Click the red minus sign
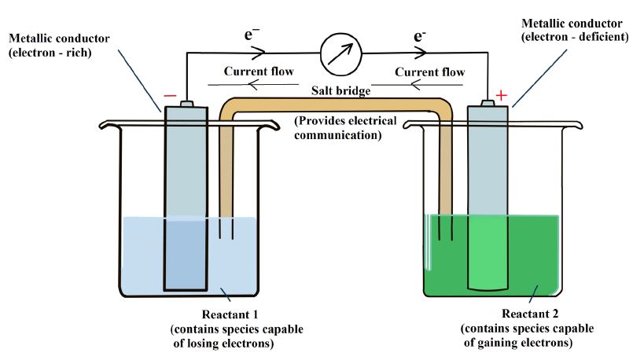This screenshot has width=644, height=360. tap(170, 96)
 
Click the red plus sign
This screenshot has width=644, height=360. tap(501, 95)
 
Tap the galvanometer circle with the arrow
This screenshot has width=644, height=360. tap(341, 54)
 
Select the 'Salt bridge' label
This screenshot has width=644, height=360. tap(341, 90)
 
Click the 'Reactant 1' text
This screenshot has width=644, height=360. tap(230, 314)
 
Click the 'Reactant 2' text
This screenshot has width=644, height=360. tap(530, 314)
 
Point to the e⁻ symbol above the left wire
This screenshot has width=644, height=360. tap(252, 35)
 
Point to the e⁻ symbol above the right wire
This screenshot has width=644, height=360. tap(419, 36)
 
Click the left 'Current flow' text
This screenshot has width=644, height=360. tap(259, 71)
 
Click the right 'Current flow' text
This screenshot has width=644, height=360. tap(430, 72)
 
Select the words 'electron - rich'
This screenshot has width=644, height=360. tap(50, 53)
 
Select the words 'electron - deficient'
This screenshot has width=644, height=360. tap(575, 37)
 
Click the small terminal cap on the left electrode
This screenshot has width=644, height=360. tap(186, 103)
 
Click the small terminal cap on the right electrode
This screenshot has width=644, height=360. tap(488, 103)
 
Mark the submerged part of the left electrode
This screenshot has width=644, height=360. tap(186, 255)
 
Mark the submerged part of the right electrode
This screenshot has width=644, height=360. tap(488, 252)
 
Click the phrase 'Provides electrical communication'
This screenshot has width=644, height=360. tap(345, 127)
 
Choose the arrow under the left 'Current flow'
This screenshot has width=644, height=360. tap(253, 85)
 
